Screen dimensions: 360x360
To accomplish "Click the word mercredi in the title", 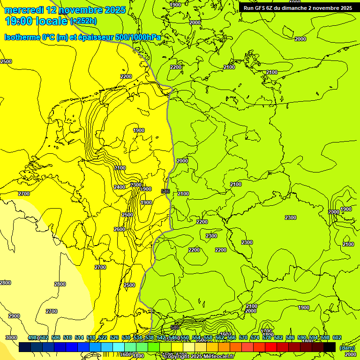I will pyautogui.click(x=24, y=10).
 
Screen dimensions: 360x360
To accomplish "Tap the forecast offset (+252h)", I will pyautogui.click(x=83, y=21).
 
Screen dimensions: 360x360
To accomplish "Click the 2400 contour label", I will pyautogui.click(x=120, y=187).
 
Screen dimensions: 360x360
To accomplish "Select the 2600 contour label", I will pyautogui.click(x=120, y=229).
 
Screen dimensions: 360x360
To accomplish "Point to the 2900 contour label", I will pyautogui.click(x=14, y=316).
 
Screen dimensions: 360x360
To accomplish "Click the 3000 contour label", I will pyautogui.click(x=11, y=337).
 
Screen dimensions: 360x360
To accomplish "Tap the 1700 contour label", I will pyautogui.click(x=267, y=331).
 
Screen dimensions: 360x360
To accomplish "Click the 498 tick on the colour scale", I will pyautogui.click(x=33, y=337).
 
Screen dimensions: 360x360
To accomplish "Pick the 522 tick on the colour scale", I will pyautogui.click(x=103, y=337).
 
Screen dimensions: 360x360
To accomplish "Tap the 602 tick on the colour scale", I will pyautogui.click(x=337, y=337).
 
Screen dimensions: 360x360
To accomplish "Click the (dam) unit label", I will pyautogui.click(x=347, y=347).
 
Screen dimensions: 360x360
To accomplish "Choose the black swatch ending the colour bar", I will pyautogui.click(x=330, y=347).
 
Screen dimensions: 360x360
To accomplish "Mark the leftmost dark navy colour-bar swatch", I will pyautogui.click(x=25, y=347).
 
